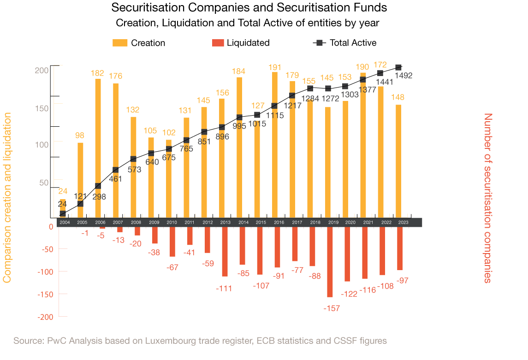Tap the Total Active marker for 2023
tap(398, 68)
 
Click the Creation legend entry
tap(139, 43)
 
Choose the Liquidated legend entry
tap(241, 43)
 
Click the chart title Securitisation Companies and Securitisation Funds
tap(249, 8)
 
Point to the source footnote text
tap(200, 341)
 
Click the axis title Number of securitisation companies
tap(488, 198)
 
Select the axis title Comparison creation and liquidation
tap(7, 198)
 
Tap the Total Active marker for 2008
tap(133, 159)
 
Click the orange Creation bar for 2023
tap(398, 161)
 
